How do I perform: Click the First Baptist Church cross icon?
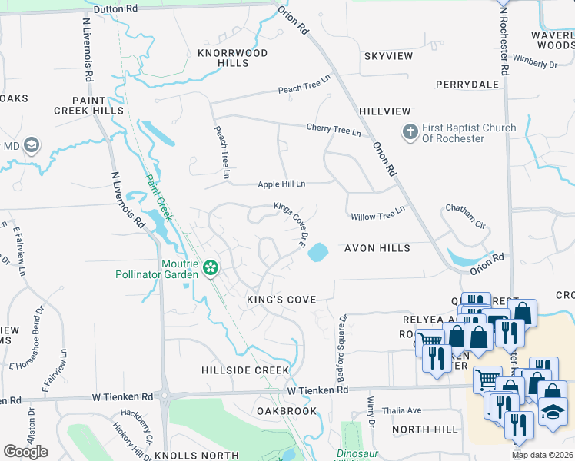click(x=409, y=132)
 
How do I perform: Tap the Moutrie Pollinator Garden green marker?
click(x=209, y=268)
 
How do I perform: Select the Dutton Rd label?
click(x=115, y=8)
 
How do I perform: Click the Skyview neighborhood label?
click(x=384, y=57)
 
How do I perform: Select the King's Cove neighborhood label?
click(x=281, y=299)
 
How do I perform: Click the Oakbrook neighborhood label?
click(x=287, y=411)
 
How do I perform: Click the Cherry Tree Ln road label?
click(x=334, y=130)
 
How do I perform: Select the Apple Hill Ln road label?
click(x=281, y=184)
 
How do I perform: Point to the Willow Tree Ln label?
click(x=377, y=216)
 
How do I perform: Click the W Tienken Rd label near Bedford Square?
click(x=317, y=390)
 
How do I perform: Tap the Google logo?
click(x=26, y=452)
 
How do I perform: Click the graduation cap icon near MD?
click(x=32, y=145)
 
